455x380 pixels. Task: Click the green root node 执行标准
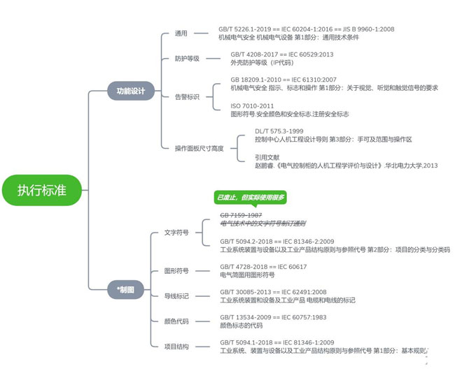click(x=42, y=189)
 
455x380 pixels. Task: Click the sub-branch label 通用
click(x=181, y=33)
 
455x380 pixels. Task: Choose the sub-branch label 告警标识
click(x=186, y=97)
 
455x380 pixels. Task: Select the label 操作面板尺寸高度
click(x=199, y=148)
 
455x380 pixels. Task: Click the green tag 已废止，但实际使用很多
click(x=250, y=198)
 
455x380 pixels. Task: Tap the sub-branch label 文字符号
click(x=176, y=233)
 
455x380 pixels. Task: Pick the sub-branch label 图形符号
click(x=176, y=270)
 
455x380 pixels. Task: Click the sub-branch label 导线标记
click(x=176, y=296)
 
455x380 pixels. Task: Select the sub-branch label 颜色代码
click(x=176, y=321)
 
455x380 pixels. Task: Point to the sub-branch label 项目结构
click(x=176, y=346)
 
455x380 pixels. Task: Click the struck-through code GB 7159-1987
click(x=241, y=215)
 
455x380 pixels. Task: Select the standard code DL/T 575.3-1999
click(x=279, y=131)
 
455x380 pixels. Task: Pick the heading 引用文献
click(x=268, y=157)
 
